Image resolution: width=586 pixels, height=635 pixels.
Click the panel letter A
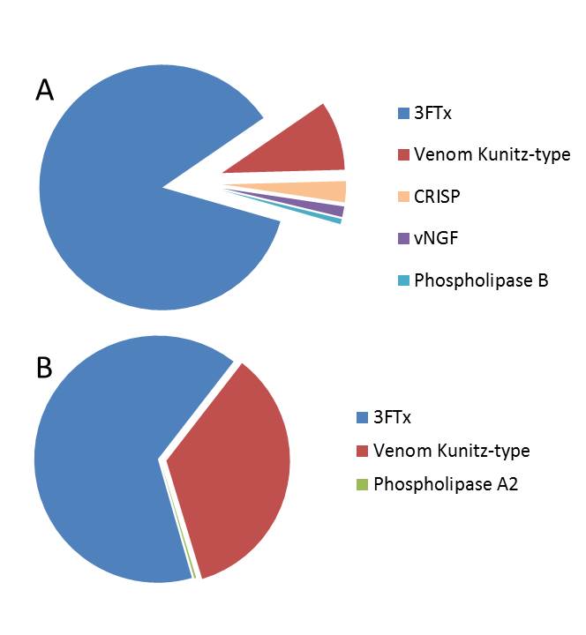tap(45, 91)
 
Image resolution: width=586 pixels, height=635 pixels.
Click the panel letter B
tap(44, 367)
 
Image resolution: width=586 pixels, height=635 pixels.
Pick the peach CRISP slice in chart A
tap(327, 191)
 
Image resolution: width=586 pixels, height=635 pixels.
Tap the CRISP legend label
tap(439, 197)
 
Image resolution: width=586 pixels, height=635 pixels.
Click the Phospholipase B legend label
tap(481, 280)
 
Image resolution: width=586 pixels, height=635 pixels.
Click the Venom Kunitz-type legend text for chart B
tap(451, 451)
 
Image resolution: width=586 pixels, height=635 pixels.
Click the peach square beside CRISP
tap(403, 197)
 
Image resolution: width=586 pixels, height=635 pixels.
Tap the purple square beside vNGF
tap(403, 238)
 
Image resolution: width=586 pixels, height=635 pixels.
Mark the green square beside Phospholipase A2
tap(362, 484)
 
